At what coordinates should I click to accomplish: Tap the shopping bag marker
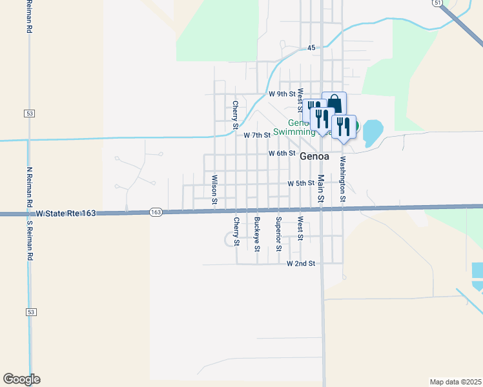pos(334,103)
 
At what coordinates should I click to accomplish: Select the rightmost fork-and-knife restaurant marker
pos(344,126)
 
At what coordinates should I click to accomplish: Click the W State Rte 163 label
pos(66,213)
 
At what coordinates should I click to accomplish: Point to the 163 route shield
pos(156,212)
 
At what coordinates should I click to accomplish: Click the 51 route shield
pos(438,3)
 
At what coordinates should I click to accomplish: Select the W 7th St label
pos(257,135)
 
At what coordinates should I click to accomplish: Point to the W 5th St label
pos(301,183)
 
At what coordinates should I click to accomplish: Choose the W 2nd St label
pos(302,263)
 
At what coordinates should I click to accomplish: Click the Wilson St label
pos(214,189)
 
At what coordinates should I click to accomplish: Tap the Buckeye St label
pos(257,234)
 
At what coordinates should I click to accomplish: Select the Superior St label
pos(278,234)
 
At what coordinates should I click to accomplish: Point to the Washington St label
pos(342,179)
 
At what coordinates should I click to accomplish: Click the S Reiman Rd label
pos(29,242)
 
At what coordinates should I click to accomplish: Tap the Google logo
pos(21,379)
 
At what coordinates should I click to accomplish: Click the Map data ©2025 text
pos(456,381)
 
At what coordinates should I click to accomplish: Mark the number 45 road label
pos(311,48)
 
